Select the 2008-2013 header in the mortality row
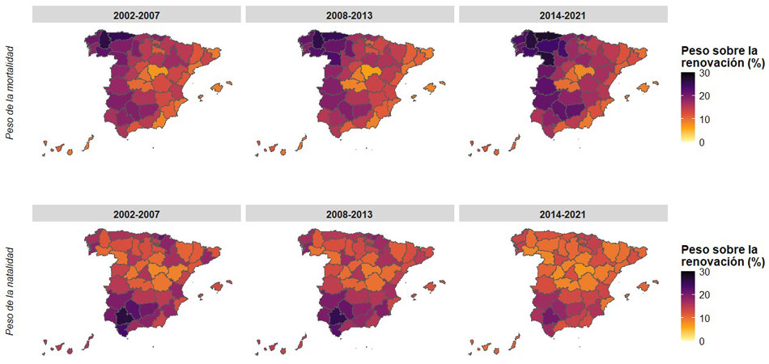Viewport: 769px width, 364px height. [x=351, y=15]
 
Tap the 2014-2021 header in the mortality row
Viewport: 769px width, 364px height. [x=563, y=15]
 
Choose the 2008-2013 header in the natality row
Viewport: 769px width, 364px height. [x=351, y=214]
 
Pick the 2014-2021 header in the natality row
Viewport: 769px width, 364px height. [x=563, y=214]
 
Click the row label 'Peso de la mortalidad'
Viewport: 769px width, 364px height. [x=11, y=93]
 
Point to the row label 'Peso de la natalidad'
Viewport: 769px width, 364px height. [x=11, y=293]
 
